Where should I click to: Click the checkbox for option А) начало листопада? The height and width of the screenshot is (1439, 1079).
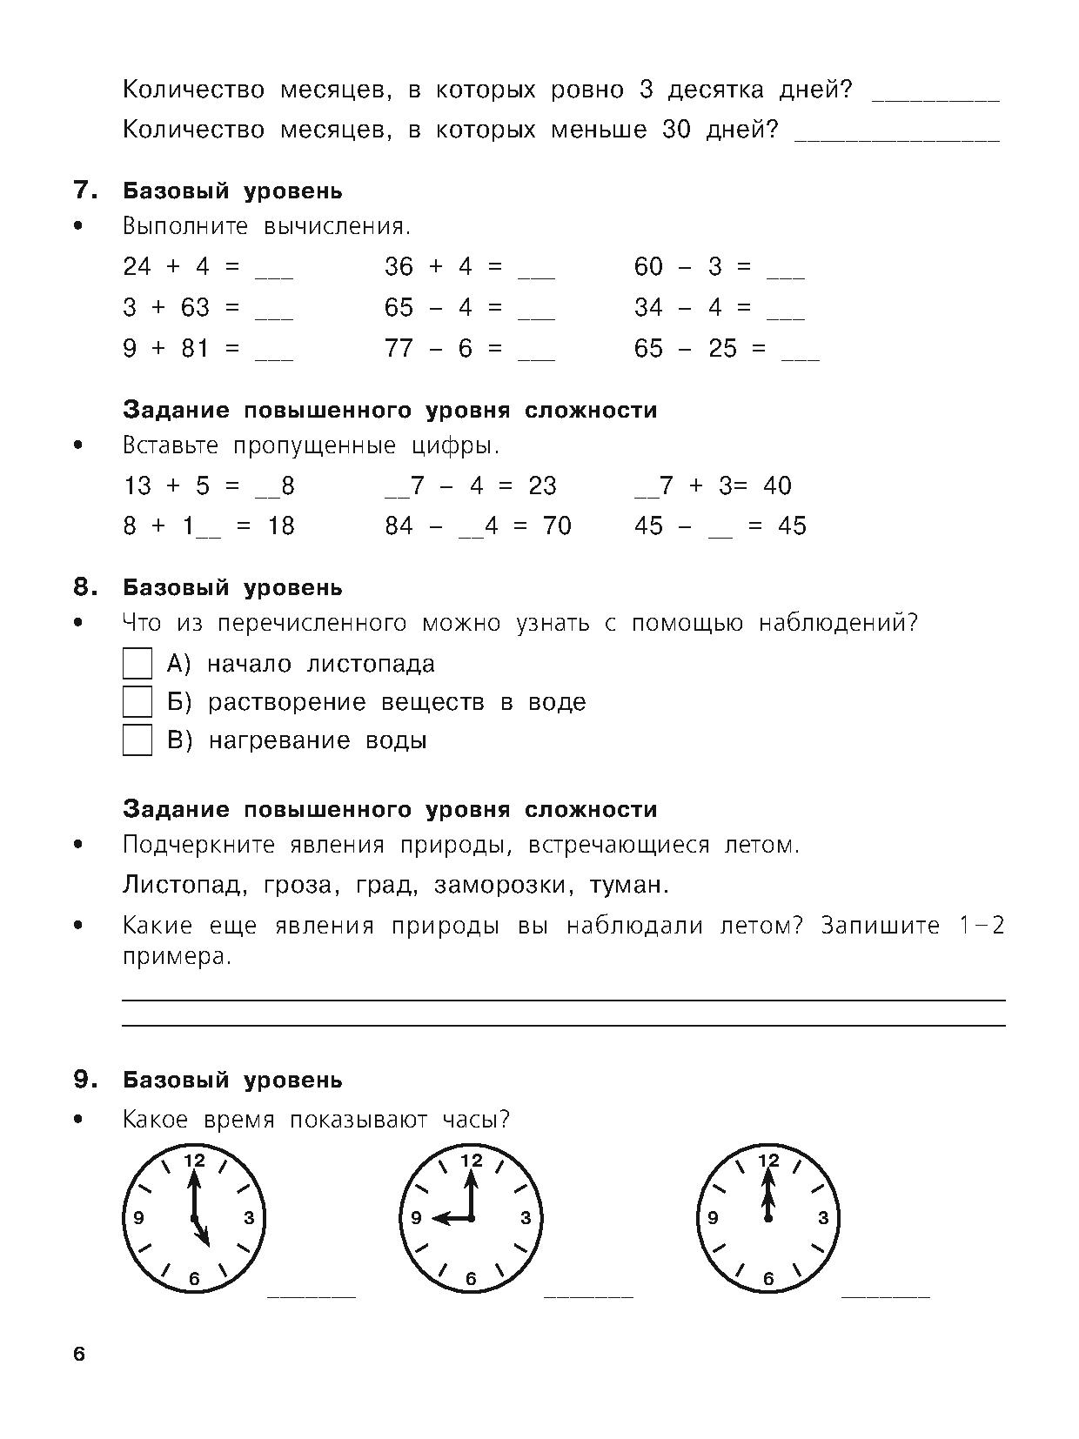coord(137,664)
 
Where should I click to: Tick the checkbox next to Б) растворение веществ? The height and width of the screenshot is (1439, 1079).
coord(137,702)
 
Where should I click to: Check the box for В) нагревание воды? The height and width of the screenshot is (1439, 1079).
coord(137,740)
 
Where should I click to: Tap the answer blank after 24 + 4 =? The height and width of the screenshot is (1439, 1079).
coord(274,275)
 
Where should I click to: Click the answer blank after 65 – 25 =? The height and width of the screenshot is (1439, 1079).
coord(801,357)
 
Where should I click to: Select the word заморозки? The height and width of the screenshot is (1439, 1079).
coord(503,886)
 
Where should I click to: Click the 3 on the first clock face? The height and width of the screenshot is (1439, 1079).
coord(249,1218)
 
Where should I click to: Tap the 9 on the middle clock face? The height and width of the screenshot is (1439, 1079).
coord(415,1218)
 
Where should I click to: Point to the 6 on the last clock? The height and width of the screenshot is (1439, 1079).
coord(767,1278)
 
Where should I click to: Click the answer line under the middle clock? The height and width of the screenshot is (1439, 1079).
coord(588,1295)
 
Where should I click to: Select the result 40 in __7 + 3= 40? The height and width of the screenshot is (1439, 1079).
coord(777,485)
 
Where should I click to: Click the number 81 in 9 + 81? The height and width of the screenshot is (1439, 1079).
coord(196,349)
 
